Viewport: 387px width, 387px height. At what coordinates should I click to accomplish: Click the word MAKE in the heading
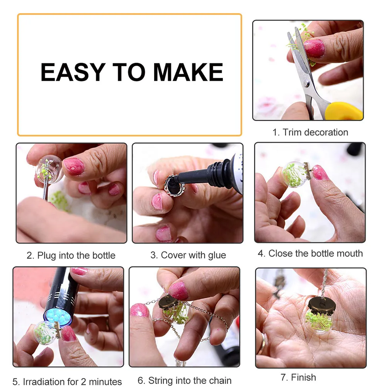[188, 72]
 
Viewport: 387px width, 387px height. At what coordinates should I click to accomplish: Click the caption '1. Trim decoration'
[310, 132]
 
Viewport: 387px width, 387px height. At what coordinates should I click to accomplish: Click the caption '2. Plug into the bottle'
[71, 255]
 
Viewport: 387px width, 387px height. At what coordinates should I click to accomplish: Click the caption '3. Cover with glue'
[188, 255]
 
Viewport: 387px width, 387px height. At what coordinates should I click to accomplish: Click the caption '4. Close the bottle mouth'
[310, 254]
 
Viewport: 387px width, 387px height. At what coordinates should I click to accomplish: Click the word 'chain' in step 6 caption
[220, 381]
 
